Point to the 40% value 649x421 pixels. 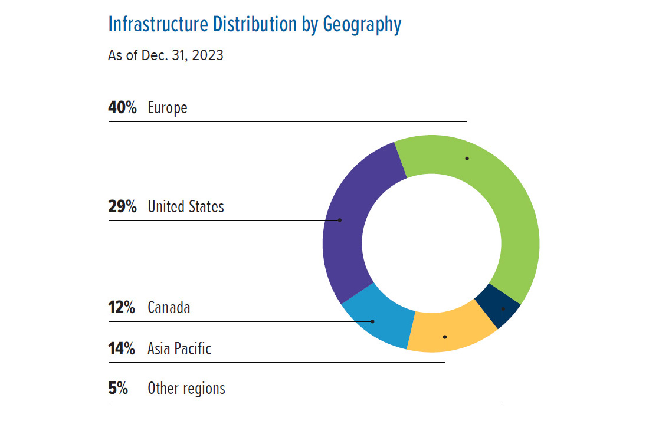[x=123, y=108]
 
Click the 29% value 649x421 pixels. [x=123, y=206]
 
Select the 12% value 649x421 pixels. [x=122, y=308]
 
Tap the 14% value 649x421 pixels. [x=122, y=348]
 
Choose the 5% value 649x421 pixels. [x=118, y=389]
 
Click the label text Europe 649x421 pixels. [x=168, y=108]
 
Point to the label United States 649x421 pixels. [x=186, y=206]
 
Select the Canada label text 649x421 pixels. [x=169, y=308]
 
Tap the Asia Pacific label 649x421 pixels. [x=179, y=348]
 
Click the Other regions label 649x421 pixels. [x=186, y=389]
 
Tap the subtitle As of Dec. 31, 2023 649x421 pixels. [x=166, y=57]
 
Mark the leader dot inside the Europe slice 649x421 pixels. [x=467, y=158]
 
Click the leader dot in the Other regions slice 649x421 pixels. [x=503, y=308]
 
